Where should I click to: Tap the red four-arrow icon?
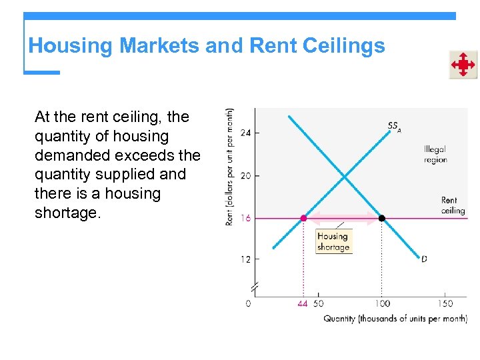462,65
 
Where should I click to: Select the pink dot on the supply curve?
304,218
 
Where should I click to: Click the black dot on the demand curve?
382,218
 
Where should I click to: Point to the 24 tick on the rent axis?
245,133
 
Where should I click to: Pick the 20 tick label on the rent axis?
245,175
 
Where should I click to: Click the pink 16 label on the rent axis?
245,218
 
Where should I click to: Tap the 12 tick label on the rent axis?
245,259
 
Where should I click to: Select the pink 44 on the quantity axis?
303,303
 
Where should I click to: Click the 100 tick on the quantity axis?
381,303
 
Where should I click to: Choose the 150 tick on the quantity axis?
444,303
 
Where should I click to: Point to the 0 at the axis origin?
248,303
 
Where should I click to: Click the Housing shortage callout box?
333,241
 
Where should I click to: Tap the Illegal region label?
435,155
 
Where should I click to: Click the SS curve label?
394,126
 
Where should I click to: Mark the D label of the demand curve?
424,259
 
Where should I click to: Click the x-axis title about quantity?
395,319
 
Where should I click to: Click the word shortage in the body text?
66,213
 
